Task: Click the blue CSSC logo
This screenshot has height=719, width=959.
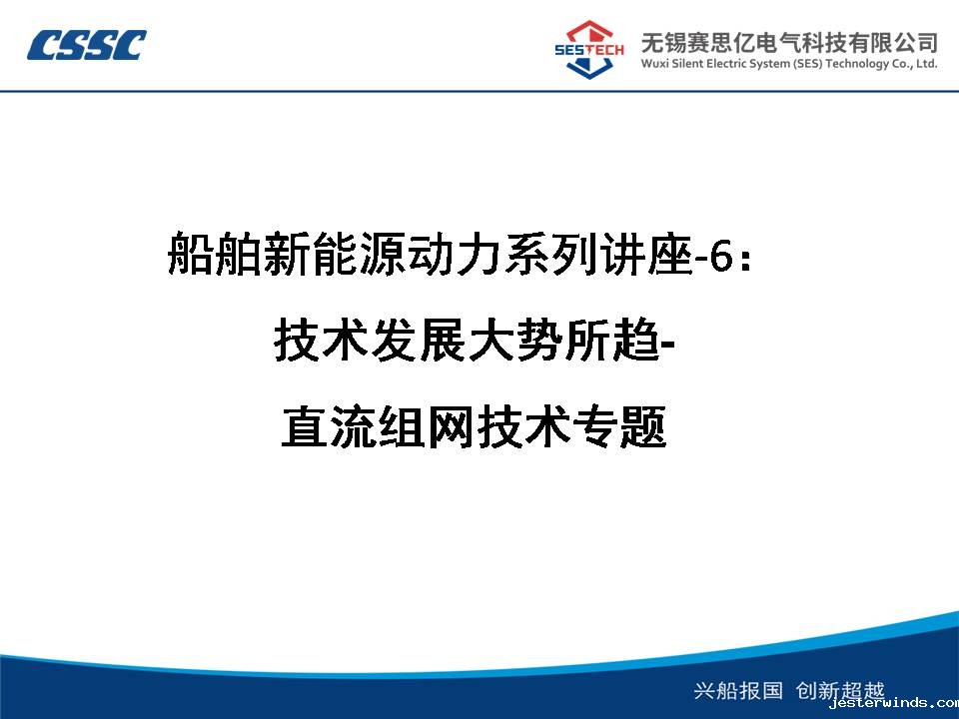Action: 86,45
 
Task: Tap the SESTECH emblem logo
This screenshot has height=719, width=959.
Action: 588,50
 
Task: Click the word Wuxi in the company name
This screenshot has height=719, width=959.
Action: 654,64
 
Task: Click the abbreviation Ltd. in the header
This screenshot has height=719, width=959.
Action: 926,64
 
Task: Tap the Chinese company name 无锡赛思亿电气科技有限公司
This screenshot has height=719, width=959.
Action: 789,42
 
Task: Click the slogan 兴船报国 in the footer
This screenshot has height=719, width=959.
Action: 738,690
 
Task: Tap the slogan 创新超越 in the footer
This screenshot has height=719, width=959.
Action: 840,690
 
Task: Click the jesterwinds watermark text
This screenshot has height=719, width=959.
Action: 894,703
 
